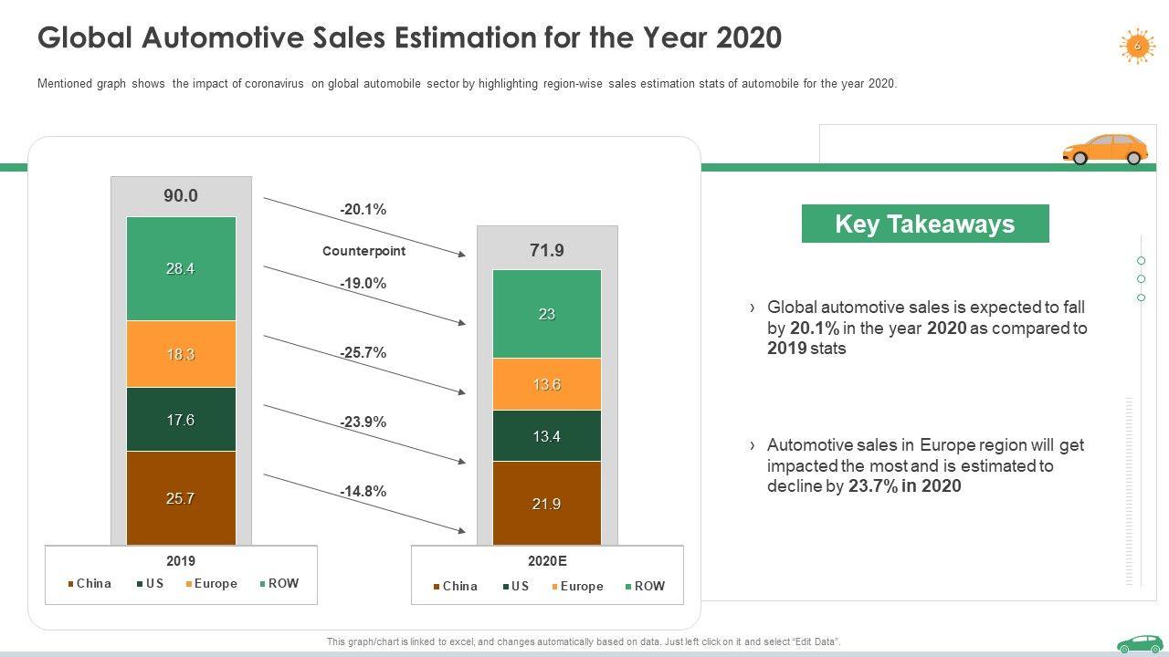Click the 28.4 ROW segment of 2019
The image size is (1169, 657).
click(181, 268)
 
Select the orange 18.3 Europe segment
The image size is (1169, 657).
click(181, 354)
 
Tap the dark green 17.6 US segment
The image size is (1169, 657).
click(181, 420)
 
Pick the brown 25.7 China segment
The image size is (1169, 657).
click(181, 498)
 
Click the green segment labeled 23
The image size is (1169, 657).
click(546, 314)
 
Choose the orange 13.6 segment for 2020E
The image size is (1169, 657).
click(546, 384)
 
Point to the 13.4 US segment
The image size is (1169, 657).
click(546, 436)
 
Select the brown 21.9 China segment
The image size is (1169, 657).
click(546, 504)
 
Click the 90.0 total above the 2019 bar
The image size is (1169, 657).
click(181, 196)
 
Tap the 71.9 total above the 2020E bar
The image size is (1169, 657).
click(546, 250)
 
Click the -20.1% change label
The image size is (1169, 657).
click(363, 210)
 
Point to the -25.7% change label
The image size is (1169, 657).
click(363, 352)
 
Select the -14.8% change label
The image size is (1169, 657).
click(363, 491)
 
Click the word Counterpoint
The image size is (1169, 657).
click(363, 251)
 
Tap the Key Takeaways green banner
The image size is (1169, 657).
click(924, 224)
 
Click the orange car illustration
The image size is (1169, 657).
click(1105, 149)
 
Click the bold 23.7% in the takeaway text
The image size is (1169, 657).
click(872, 486)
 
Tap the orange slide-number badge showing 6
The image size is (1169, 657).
click(1137, 46)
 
